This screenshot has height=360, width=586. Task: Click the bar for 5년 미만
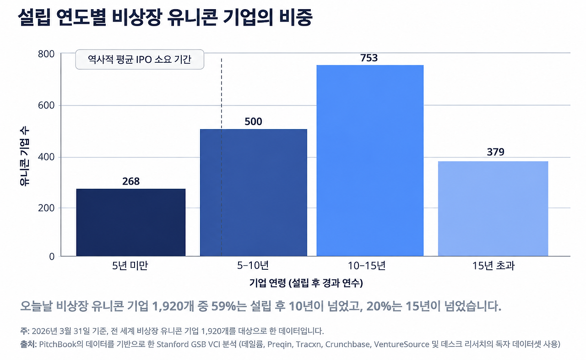point(131,223)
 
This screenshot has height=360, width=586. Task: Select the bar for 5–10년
point(254,192)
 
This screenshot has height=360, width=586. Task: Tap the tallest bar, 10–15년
point(370,161)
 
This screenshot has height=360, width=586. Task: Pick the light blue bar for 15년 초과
point(493,209)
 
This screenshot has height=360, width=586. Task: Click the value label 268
point(131,181)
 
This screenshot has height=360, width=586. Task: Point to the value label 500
point(253,122)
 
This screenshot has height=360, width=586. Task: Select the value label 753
point(369,58)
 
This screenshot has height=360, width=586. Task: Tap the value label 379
point(495,152)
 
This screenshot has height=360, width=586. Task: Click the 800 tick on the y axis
point(46,54)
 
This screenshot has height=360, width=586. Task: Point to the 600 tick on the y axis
point(46,105)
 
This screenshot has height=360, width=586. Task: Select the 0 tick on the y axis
point(52,256)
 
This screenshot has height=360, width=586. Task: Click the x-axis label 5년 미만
point(130,266)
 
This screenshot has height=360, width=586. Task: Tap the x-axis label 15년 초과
point(494,266)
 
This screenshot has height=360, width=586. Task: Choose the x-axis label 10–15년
point(367,266)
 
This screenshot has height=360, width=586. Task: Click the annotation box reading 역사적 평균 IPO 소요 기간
point(140,60)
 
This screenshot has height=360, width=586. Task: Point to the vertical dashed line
point(221,157)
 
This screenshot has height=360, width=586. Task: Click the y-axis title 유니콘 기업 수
point(25,157)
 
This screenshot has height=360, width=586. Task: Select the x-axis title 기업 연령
point(267,283)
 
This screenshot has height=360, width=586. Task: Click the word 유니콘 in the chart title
point(192,17)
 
